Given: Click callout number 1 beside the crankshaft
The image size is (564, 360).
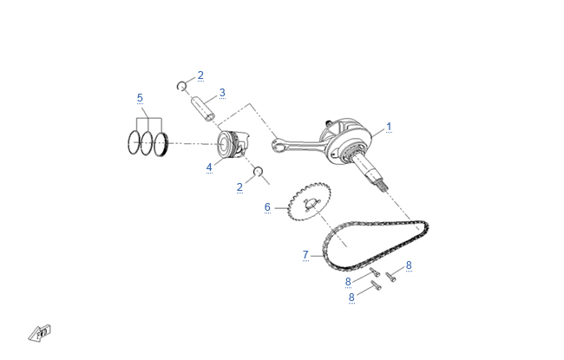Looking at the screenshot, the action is click(x=389, y=127).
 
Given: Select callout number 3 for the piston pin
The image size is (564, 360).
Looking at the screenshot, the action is click(x=222, y=93).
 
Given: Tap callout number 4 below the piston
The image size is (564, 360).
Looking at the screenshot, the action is click(x=209, y=167).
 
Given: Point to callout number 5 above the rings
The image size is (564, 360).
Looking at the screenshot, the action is click(x=140, y=98).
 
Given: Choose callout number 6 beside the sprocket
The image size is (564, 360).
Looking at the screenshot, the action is click(x=267, y=207).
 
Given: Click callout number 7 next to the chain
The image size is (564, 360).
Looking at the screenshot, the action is click(x=305, y=255).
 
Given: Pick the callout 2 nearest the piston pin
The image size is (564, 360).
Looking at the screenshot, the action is click(x=200, y=75).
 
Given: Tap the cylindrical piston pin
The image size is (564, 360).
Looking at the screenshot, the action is click(x=203, y=108).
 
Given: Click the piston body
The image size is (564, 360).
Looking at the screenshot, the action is click(x=233, y=144).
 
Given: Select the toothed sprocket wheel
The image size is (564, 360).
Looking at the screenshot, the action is click(x=310, y=201).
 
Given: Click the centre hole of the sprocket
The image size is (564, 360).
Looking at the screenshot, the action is click(x=311, y=203).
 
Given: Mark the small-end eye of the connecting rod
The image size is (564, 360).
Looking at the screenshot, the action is click(x=277, y=147).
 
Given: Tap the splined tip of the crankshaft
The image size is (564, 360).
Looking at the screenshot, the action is click(x=384, y=186).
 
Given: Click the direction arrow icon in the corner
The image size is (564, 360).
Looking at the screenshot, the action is click(x=40, y=333).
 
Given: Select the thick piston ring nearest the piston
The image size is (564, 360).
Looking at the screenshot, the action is click(x=161, y=144).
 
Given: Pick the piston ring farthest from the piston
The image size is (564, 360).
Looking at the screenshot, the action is click(x=134, y=143).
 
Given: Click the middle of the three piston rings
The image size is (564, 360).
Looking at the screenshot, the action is click(x=147, y=143).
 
